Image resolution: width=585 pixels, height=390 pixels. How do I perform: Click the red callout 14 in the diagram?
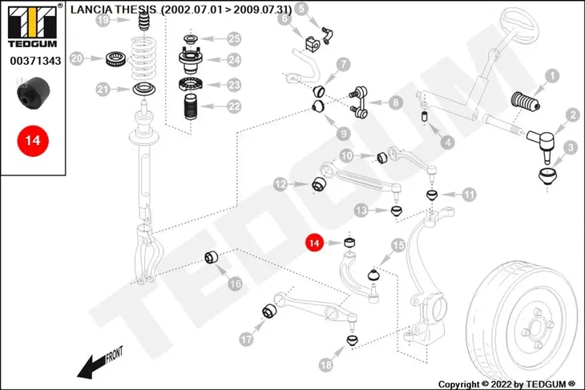point(314,243)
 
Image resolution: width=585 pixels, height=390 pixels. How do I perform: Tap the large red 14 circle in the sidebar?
point(33,141)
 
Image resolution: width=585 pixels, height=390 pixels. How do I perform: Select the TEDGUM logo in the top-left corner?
point(33,26)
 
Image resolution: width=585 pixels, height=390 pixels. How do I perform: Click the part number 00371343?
point(35,61)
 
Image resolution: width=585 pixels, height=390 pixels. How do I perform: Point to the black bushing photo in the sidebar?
point(34,92)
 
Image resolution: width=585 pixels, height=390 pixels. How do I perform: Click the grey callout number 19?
point(103,19)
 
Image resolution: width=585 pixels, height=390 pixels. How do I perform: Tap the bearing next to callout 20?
point(115,59)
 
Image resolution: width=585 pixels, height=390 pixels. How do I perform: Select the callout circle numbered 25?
point(234,38)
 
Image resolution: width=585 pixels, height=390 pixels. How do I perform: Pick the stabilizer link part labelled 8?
point(358,103)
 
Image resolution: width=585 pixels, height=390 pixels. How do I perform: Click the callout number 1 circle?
point(552,76)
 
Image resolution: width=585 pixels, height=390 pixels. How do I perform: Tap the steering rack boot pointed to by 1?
point(526,102)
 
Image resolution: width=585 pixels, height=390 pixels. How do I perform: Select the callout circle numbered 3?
point(570,147)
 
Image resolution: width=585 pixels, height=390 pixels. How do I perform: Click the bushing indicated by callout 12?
point(319,184)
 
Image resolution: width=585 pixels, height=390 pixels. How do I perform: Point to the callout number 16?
point(235,284)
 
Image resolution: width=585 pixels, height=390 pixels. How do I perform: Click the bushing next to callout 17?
point(269,312)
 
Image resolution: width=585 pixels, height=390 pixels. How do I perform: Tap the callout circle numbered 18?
point(325,364)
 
